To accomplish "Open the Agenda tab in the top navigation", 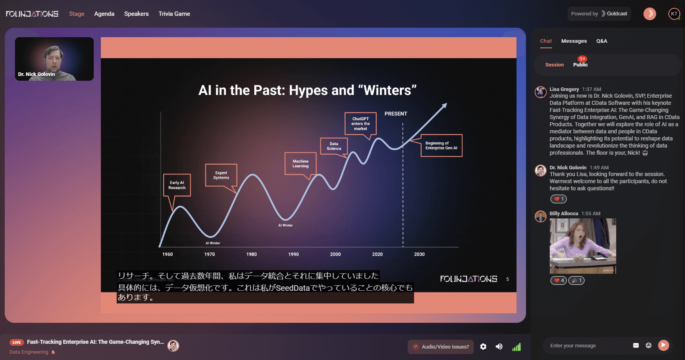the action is (x=104, y=14).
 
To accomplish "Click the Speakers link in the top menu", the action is (x=136, y=14).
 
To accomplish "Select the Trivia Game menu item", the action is (x=174, y=14).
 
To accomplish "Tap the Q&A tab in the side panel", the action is (x=602, y=41).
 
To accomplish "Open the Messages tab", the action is (x=574, y=41).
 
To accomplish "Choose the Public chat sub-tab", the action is (x=580, y=64).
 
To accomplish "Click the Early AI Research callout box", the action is (x=177, y=185).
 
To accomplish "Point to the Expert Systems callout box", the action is (x=221, y=175).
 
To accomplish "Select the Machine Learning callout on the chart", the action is (x=301, y=164).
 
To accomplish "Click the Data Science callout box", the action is (x=334, y=146).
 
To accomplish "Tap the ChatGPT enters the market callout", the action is (x=360, y=124).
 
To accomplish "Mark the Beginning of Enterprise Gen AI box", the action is (x=441, y=146).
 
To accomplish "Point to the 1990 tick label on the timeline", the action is (x=293, y=254).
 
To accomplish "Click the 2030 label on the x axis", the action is (x=419, y=254).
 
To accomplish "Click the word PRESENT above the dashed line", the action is (x=396, y=114).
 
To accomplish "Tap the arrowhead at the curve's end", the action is (x=445, y=106).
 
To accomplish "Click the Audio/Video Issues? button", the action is (x=441, y=347).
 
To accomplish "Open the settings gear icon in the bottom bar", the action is (x=483, y=347).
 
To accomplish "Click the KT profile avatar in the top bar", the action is (x=674, y=14).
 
